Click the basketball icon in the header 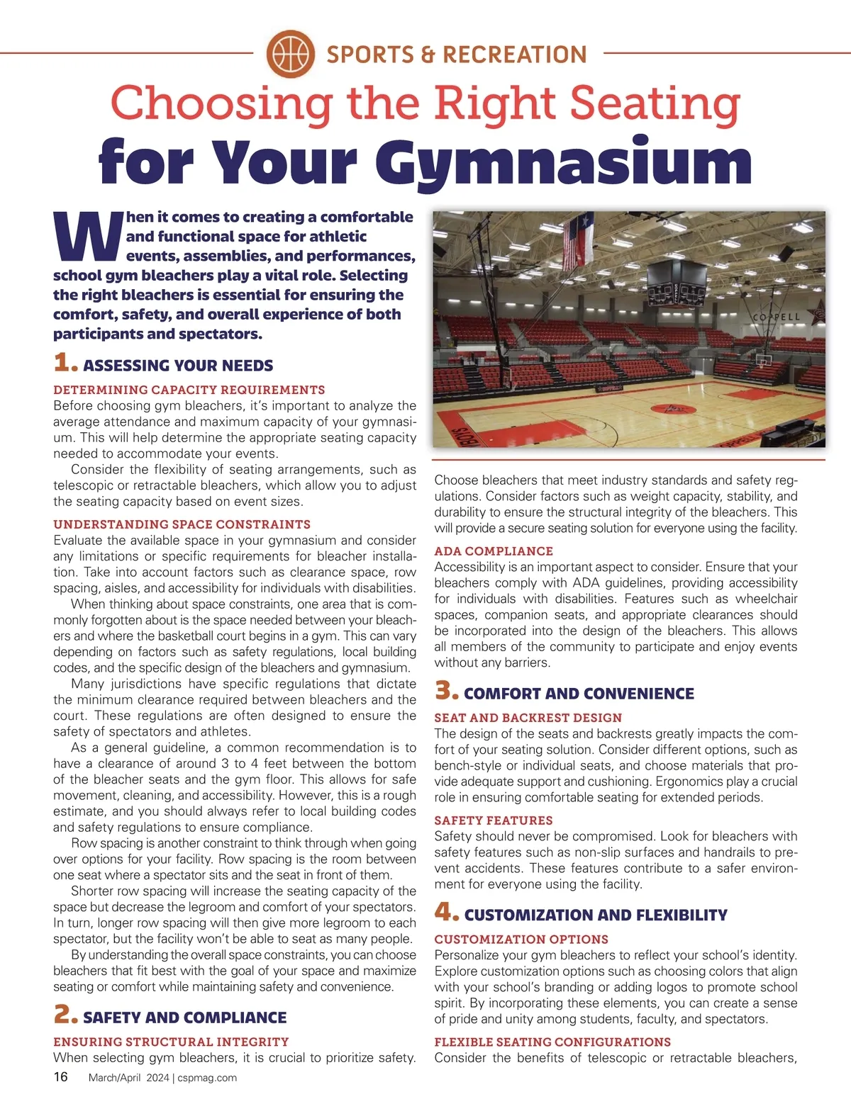291,53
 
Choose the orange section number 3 446,691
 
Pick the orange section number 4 446,912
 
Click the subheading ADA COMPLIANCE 494,551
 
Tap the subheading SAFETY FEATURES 494,821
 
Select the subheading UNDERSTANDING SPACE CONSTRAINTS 182,524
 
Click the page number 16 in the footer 61,1077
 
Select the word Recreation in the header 514,55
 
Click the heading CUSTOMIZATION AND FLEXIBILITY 596,915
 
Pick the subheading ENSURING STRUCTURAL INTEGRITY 171,1042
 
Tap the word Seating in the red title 655,103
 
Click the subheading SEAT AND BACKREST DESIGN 528,718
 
